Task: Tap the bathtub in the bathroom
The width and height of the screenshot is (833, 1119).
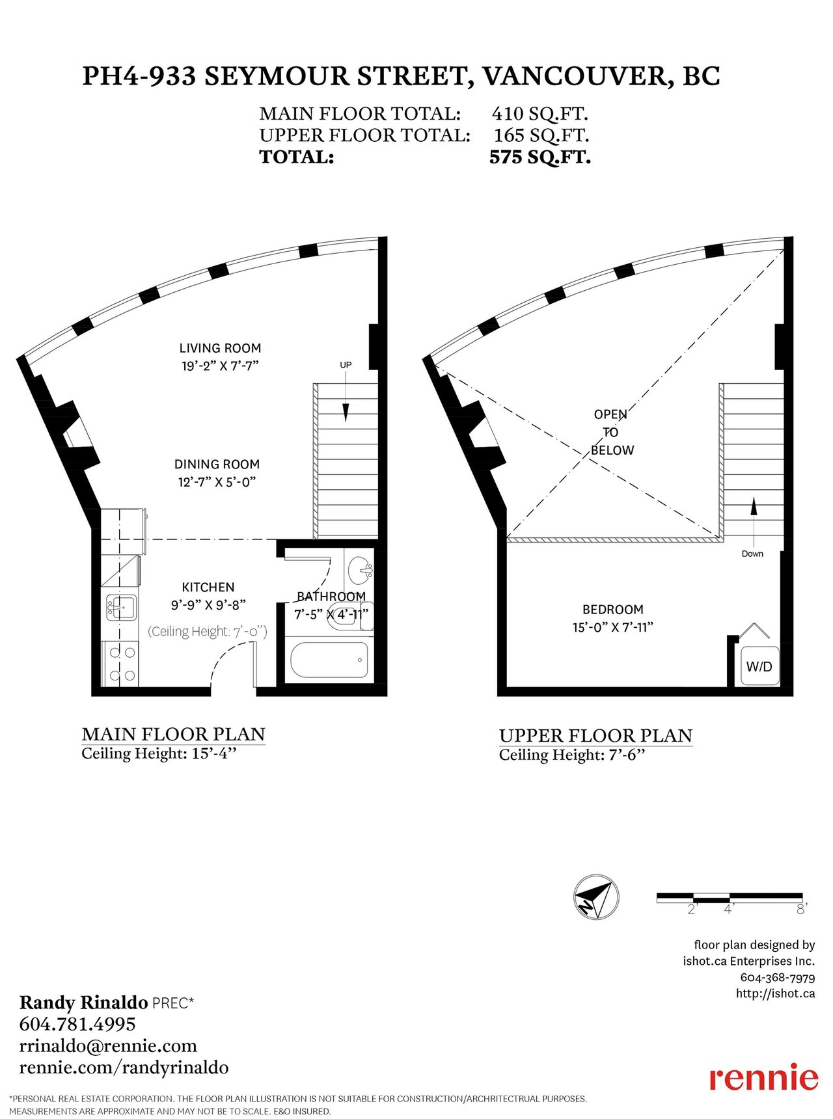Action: [329, 660]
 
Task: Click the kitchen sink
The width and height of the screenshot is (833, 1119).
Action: [120, 608]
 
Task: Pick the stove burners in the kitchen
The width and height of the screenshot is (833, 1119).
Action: [121, 664]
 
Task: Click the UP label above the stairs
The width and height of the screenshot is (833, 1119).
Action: [346, 365]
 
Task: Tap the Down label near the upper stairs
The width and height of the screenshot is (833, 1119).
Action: [752, 554]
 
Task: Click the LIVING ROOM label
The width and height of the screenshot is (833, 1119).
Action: [220, 348]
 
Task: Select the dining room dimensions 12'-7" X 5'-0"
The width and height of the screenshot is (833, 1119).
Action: [217, 482]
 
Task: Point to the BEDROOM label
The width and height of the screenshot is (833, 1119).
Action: [613, 610]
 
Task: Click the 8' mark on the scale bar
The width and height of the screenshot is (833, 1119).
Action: [802, 909]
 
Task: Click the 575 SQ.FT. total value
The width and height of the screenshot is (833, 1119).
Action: [540, 157]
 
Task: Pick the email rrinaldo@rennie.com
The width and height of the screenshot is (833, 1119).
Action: [108, 1045]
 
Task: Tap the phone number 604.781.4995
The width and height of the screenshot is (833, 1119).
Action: [77, 1024]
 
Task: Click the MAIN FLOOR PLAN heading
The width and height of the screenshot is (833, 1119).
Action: [174, 735]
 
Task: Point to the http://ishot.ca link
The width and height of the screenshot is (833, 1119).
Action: [775, 993]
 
